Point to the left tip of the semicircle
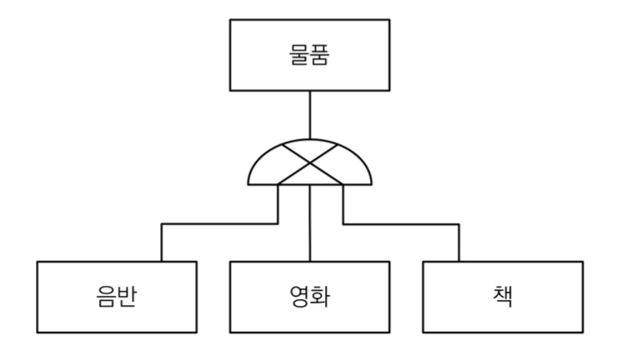[x=248, y=183]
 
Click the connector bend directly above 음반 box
[x=162, y=223]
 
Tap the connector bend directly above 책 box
[x=458, y=223]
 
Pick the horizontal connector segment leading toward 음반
[x=218, y=223]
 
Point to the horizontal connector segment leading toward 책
[x=400, y=223]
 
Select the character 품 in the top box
[x=322, y=55]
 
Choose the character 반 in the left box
[x=128, y=297]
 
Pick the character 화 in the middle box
[x=321, y=297]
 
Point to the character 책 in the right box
[x=502, y=297]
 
